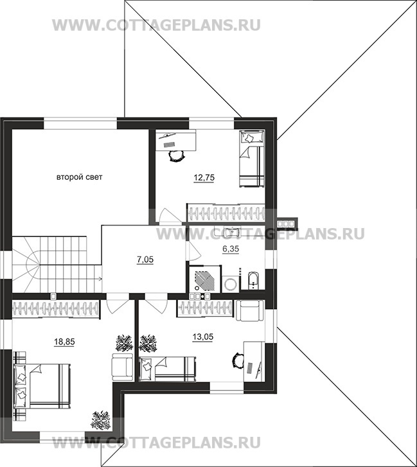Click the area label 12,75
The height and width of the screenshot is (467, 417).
point(204,178)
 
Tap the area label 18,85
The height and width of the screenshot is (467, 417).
point(64,342)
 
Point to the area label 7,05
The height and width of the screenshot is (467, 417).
point(145,260)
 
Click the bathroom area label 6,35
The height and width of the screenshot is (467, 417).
point(231,249)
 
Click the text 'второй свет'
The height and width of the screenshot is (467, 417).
point(80,177)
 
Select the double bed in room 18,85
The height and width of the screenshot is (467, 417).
point(42,386)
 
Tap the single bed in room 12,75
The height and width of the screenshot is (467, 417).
point(252,159)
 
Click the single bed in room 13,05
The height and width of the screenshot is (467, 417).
point(168,369)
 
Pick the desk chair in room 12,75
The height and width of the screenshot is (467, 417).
point(177,155)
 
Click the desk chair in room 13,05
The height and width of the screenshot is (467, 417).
point(238,360)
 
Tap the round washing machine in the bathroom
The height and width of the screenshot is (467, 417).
point(230,283)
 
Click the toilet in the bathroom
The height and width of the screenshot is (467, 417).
point(253,280)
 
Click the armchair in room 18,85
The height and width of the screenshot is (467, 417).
point(123,366)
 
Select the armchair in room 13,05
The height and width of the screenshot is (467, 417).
point(250,311)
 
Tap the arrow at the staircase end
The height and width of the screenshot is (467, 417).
point(101,279)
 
